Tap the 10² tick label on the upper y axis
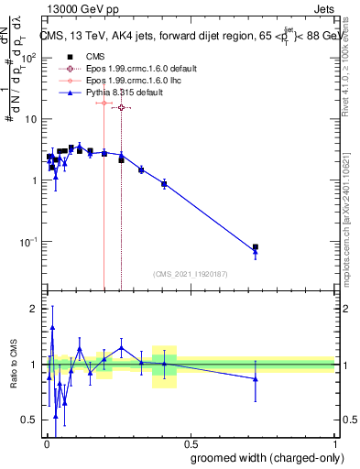coord(27,57)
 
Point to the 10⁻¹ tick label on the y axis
coord(27,242)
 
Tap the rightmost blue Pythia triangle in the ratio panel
coord(256,378)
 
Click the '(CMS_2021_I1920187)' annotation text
coord(190,272)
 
